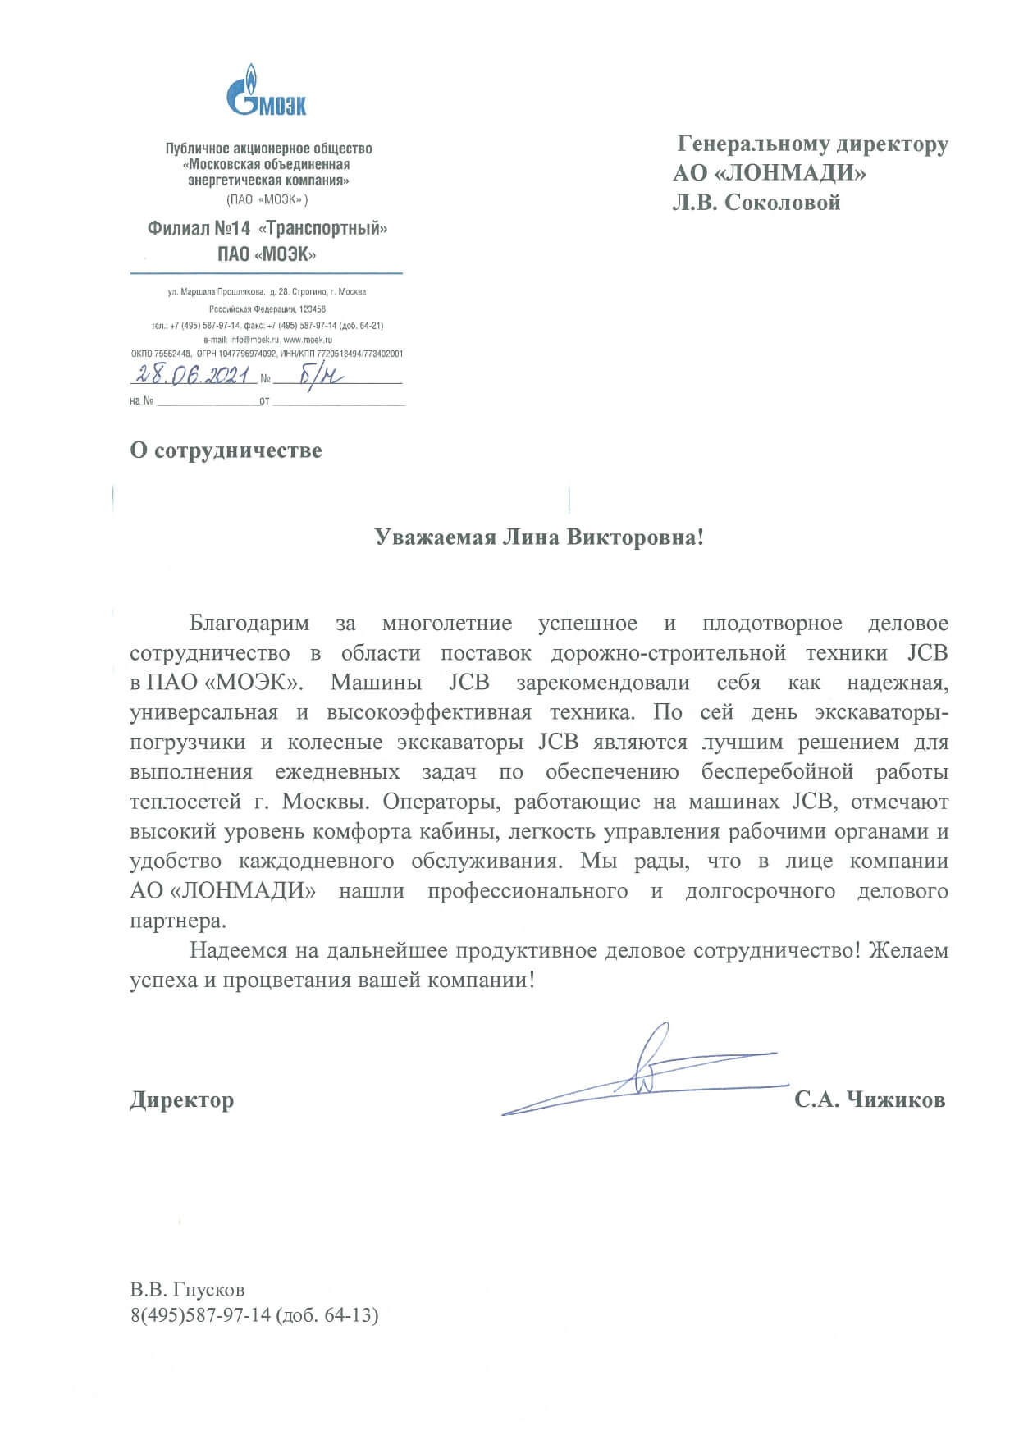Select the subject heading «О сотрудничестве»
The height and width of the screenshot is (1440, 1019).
pos(226,450)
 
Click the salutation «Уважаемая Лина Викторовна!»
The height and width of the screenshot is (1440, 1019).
pos(539,537)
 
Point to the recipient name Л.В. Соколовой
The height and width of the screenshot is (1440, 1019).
pos(756,203)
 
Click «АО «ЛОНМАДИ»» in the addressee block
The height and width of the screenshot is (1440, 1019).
pos(770,173)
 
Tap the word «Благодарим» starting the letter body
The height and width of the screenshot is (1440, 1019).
pos(249,624)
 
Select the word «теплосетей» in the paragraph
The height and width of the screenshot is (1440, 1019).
pos(185,802)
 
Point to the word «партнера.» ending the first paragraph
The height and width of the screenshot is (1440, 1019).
pos(177,921)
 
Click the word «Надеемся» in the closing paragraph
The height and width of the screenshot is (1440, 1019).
pos(236,951)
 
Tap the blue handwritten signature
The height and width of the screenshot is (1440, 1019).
pos(648,1072)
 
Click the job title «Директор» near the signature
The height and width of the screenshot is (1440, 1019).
pos(181,1099)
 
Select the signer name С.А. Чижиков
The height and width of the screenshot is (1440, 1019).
pos(869,1099)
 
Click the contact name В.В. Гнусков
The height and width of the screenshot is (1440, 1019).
pos(187,1290)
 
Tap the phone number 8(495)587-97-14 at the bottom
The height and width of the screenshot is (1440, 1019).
pos(200,1316)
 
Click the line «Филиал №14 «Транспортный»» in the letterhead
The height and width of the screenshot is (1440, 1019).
pos(267,229)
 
